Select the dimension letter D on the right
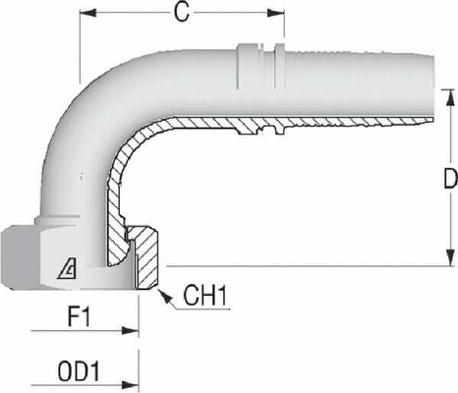(448, 180)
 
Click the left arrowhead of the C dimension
(85, 15)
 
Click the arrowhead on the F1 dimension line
(134, 331)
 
